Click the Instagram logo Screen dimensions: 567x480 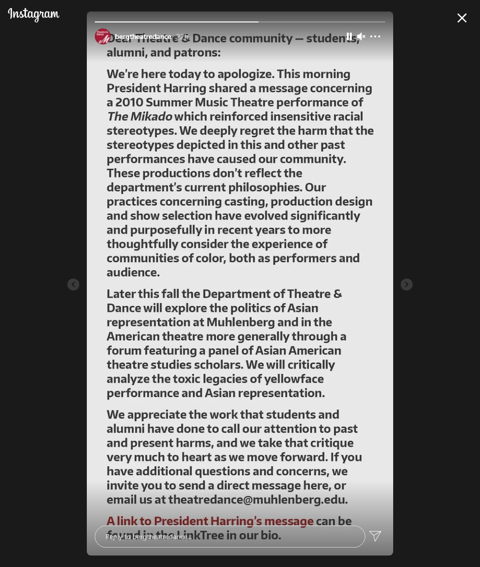[33, 14]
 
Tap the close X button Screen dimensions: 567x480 [462, 18]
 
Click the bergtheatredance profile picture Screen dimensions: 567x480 [103, 36]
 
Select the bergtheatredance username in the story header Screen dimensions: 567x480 [143, 36]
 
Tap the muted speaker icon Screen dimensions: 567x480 [361, 36]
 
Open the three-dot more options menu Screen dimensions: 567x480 [375, 36]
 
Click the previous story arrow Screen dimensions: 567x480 [73, 284]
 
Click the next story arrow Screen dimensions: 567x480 [407, 284]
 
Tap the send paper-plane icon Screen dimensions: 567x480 [375, 536]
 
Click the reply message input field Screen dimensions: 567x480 [230, 537]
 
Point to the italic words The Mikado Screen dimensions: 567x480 [139, 116]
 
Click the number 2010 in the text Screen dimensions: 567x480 [129, 102]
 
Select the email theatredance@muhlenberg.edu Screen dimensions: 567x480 [256, 500]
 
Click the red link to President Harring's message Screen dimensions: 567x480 [210, 521]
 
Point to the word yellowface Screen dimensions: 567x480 [294, 379]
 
